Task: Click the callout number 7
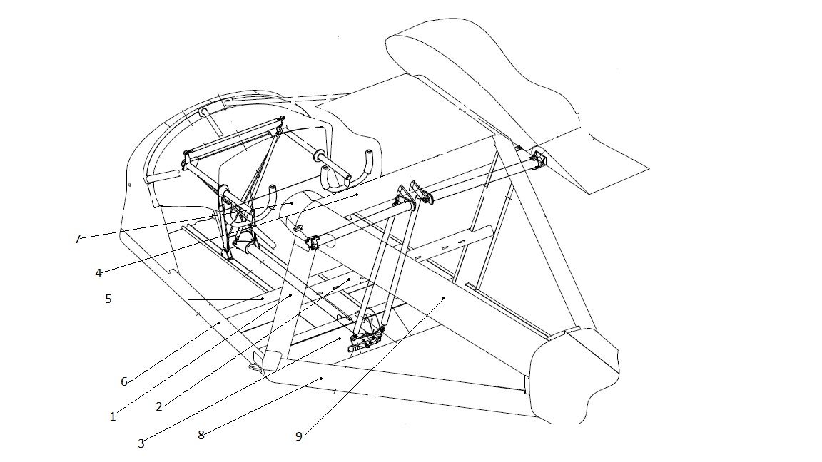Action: pos(78,239)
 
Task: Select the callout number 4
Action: pos(98,273)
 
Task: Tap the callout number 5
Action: pos(108,299)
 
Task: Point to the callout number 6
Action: pos(124,381)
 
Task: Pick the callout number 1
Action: pos(113,416)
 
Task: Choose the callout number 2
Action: pos(159,406)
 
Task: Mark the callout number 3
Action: pos(141,443)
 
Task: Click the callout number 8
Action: pos(201,435)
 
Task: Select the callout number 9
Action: pos(299,436)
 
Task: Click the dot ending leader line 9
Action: pos(444,297)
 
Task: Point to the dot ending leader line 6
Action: pos(218,323)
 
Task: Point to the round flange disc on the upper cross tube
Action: pos(319,157)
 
